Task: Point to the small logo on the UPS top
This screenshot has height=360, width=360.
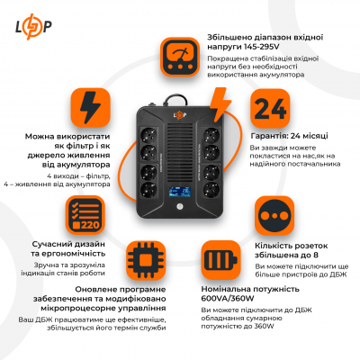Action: (x=183, y=110)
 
